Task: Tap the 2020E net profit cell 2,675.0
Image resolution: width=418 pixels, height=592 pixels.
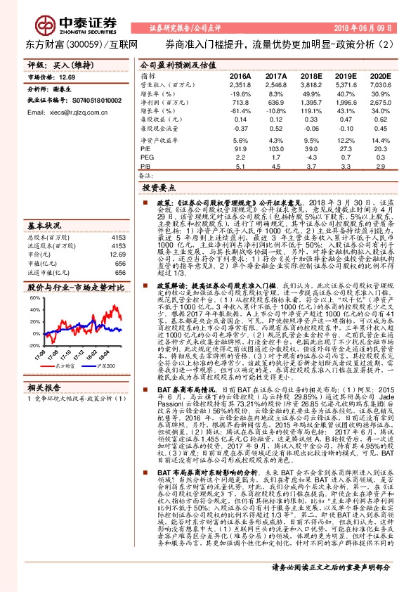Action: coord(380,103)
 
